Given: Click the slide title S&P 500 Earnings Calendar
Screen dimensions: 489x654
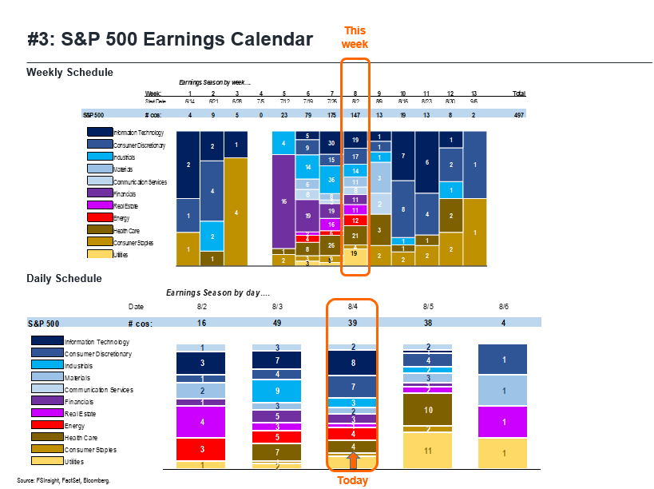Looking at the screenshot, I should (169, 39).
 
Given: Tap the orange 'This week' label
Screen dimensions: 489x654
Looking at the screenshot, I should (355, 38).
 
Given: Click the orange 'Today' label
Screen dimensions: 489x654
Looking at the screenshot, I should (352, 480).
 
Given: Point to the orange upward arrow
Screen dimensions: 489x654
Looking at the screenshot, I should (352, 460).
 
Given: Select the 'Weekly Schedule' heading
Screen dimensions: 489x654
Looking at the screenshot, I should (69, 73).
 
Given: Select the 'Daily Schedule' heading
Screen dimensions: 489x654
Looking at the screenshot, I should (64, 278).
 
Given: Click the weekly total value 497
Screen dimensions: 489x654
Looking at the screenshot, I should (519, 114).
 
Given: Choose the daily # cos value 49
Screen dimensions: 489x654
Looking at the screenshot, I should (277, 324).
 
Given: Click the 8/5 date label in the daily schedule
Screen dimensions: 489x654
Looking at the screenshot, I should (428, 306).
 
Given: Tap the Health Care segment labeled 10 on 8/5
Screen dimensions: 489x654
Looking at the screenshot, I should (428, 410).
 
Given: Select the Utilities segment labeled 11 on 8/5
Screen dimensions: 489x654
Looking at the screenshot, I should (428, 451).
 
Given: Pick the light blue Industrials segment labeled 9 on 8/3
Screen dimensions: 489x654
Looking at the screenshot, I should (277, 391).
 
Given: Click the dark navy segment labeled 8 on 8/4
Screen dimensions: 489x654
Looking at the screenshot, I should (352, 362).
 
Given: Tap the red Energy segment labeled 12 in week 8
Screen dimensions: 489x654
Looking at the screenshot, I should (355, 221).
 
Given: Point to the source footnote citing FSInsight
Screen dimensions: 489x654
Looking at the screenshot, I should (63, 480).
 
